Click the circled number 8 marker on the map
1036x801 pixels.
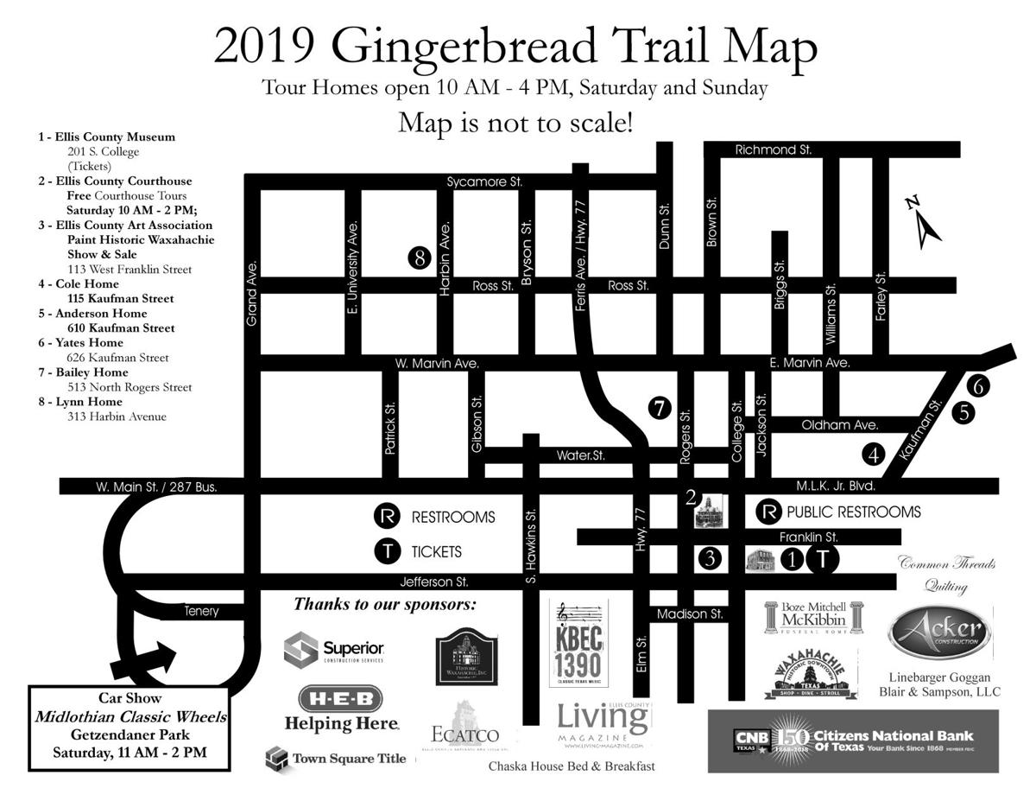point(419,257)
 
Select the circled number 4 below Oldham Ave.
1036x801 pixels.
point(875,453)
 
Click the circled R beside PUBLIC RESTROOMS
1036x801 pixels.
point(768,512)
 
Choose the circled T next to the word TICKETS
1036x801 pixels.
point(388,550)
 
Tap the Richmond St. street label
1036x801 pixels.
point(773,150)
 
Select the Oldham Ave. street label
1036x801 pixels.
point(839,425)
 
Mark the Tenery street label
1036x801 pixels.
point(201,611)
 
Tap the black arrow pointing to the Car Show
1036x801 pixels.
point(142,659)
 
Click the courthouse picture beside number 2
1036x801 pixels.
point(706,512)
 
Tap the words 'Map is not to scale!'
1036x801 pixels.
point(515,123)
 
